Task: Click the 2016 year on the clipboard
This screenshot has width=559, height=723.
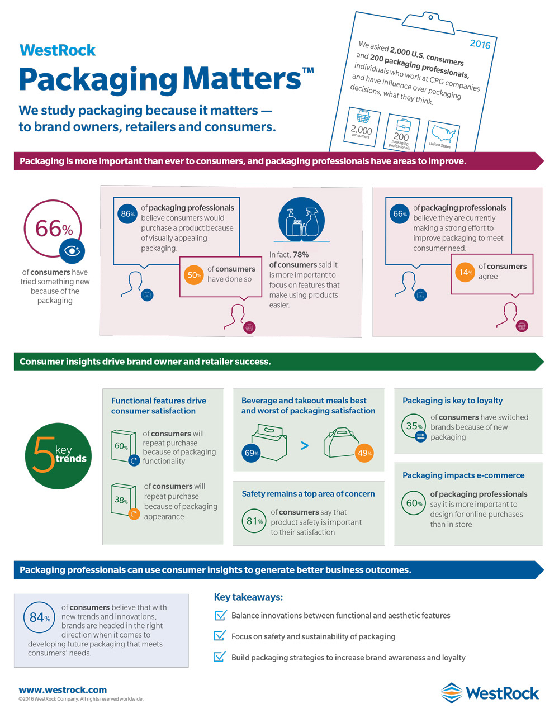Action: pyautogui.click(x=480, y=44)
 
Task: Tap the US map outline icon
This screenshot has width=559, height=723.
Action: pyautogui.click(x=443, y=134)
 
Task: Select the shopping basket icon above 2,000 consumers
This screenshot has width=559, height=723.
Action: pyautogui.click(x=363, y=116)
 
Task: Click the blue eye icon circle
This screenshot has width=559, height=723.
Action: pyautogui.click(x=72, y=251)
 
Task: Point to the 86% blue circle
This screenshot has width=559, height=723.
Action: pyautogui.click(x=127, y=213)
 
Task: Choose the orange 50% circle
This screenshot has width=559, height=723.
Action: pyautogui.click(x=193, y=275)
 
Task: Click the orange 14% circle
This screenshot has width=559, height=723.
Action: pyautogui.click(x=465, y=272)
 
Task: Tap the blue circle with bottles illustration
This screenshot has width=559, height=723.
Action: pyautogui.click(x=301, y=219)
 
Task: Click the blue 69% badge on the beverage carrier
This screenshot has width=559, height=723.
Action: pyautogui.click(x=251, y=453)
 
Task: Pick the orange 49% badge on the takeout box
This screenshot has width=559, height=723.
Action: pyautogui.click(x=364, y=453)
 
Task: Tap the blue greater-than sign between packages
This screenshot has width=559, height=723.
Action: pyautogui.click(x=305, y=445)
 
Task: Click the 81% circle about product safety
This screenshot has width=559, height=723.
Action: pyautogui.click(x=254, y=521)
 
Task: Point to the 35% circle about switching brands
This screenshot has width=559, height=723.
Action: pyautogui.click(x=414, y=426)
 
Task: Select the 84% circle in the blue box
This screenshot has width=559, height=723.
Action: pyautogui.click(x=39, y=617)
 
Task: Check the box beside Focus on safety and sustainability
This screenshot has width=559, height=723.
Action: pyautogui.click(x=220, y=636)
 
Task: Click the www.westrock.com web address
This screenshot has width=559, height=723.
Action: pyautogui.click(x=63, y=689)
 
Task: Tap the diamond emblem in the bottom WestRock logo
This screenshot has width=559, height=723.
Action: pyautogui.click(x=452, y=693)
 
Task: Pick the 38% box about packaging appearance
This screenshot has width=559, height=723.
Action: pyautogui.click(x=123, y=500)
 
